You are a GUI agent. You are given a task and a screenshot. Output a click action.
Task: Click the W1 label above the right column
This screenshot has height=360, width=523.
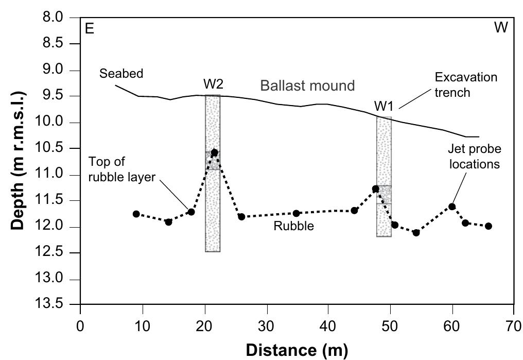(384, 107)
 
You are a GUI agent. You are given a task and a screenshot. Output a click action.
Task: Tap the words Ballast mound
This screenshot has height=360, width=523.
(307, 85)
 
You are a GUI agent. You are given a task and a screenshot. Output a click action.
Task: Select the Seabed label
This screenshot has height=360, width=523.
(121, 74)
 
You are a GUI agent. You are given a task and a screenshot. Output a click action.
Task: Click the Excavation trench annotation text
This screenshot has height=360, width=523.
(466, 85)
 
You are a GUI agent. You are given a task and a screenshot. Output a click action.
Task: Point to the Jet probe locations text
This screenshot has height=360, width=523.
(475, 157)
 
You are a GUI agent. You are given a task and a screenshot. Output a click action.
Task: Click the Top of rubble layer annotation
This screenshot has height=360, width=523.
(121, 170)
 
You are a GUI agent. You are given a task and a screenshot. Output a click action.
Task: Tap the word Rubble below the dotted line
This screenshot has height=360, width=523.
(293, 226)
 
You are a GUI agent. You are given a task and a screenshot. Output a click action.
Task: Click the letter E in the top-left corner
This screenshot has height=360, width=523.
(89, 28)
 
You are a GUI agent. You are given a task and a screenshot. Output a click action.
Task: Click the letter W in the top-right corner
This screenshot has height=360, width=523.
(501, 28)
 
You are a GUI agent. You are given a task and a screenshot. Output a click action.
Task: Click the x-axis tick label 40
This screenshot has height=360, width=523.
(328, 326)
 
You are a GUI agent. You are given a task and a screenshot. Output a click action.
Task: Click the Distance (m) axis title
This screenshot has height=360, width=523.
(297, 350)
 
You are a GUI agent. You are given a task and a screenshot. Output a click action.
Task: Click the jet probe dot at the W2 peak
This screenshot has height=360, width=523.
(214, 152)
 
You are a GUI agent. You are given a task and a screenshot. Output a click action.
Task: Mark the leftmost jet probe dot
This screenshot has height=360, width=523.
(136, 214)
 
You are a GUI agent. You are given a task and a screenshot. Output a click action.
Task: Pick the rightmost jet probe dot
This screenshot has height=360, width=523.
(489, 226)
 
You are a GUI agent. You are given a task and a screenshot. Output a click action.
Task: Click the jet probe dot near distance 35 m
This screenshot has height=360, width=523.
(296, 213)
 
